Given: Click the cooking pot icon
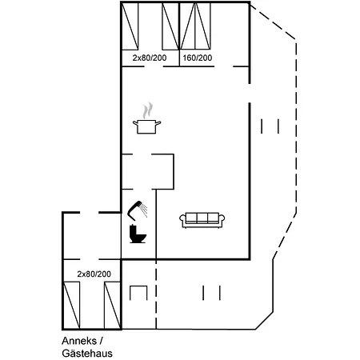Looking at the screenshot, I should (x=146, y=126).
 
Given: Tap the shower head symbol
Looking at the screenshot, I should (x=138, y=209).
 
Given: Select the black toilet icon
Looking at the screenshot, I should (x=138, y=234).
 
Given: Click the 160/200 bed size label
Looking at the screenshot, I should (x=197, y=58).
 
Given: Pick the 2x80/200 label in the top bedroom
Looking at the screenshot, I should (x=149, y=58).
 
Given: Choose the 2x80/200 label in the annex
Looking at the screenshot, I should (x=94, y=274).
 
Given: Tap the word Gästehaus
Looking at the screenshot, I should (x=86, y=353).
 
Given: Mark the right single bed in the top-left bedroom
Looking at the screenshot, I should (x=170, y=26).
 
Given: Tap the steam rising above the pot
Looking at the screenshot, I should (x=146, y=110).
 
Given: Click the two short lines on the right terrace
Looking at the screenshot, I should (x=270, y=126).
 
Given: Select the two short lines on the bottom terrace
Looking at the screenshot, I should (x=211, y=293).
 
